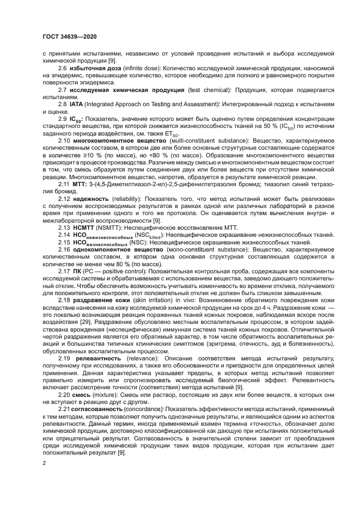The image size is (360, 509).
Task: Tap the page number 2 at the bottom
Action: (x=44, y=462)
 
